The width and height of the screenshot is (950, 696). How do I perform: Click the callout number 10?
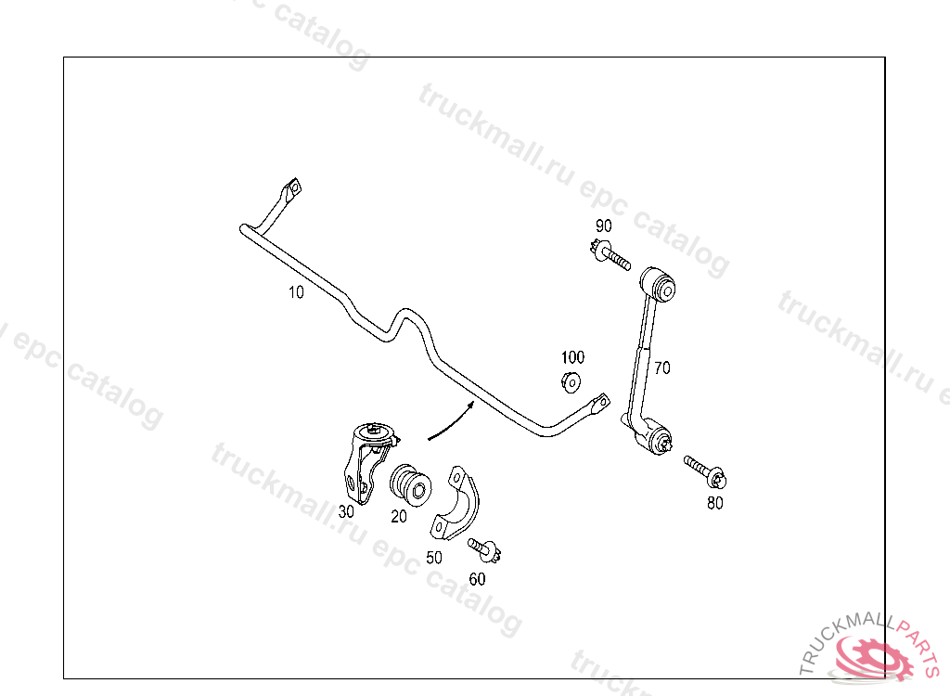(x=296, y=292)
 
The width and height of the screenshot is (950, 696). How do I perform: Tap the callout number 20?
(x=399, y=517)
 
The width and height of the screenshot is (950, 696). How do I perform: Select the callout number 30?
(x=346, y=511)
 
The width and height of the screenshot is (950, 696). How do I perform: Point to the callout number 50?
(x=434, y=558)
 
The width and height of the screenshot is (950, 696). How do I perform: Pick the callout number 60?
(x=477, y=579)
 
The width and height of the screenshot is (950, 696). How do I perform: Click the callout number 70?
(x=661, y=367)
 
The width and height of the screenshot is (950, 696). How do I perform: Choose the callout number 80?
(x=714, y=504)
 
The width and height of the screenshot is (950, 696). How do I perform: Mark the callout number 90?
(x=603, y=226)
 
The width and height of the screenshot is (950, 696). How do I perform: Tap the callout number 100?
(x=572, y=357)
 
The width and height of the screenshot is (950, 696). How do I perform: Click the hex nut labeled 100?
(x=571, y=380)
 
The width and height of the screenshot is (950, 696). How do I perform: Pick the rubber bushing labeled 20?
(x=409, y=483)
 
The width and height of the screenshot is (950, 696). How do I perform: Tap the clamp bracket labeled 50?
(x=452, y=506)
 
